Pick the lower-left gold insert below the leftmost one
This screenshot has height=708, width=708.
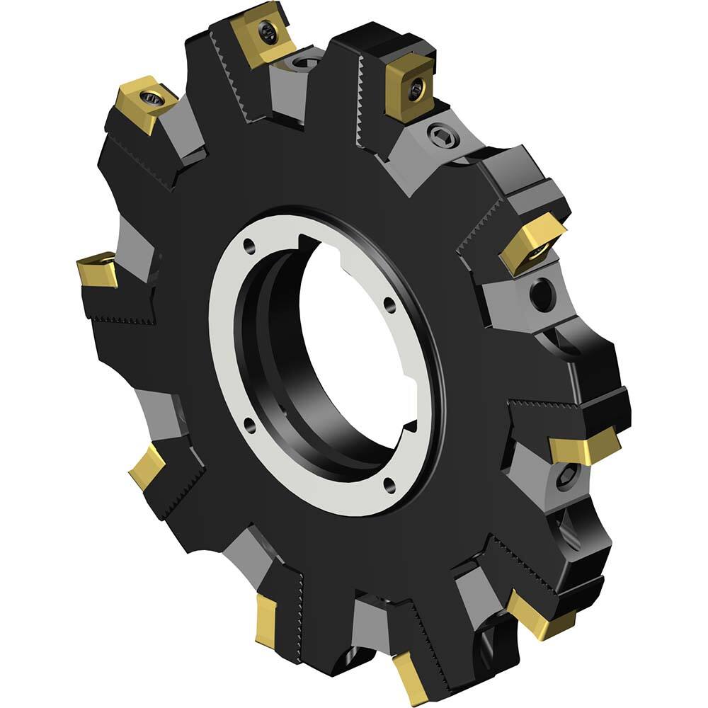[147, 467]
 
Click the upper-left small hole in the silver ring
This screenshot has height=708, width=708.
[249, 246]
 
